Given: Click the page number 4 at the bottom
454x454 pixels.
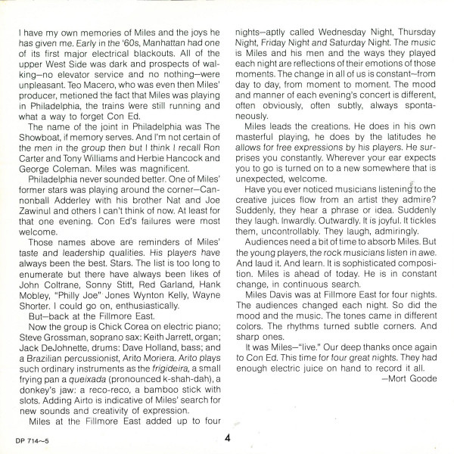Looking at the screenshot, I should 227,437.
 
